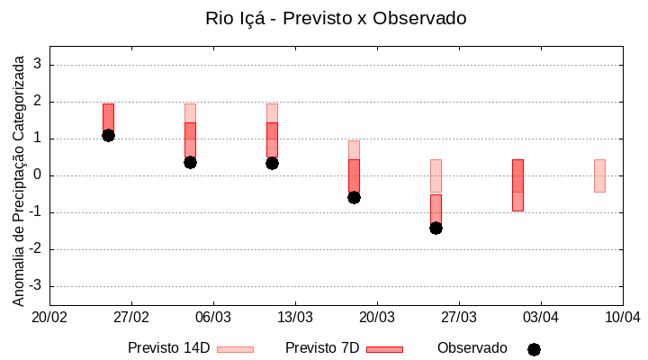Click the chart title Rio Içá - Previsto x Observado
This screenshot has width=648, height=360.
[336, 18]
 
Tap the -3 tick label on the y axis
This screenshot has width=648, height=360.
[35, 286]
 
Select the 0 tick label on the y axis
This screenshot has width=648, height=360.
[38, 175]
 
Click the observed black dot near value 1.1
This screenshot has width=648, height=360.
[108, 135]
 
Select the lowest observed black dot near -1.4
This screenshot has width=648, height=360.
[436, 228]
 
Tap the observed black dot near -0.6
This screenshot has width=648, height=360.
[354, 197]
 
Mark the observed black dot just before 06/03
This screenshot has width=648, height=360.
[190, 162]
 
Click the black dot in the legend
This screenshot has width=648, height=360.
[534, 349]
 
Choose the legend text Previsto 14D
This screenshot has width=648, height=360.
[169, 347]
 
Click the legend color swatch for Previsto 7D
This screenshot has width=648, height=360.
[384, 349]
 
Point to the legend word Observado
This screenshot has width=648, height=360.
[472, 347]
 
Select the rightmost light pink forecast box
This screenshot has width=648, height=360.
[599, 175]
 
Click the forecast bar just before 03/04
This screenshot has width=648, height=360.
[517, 185]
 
